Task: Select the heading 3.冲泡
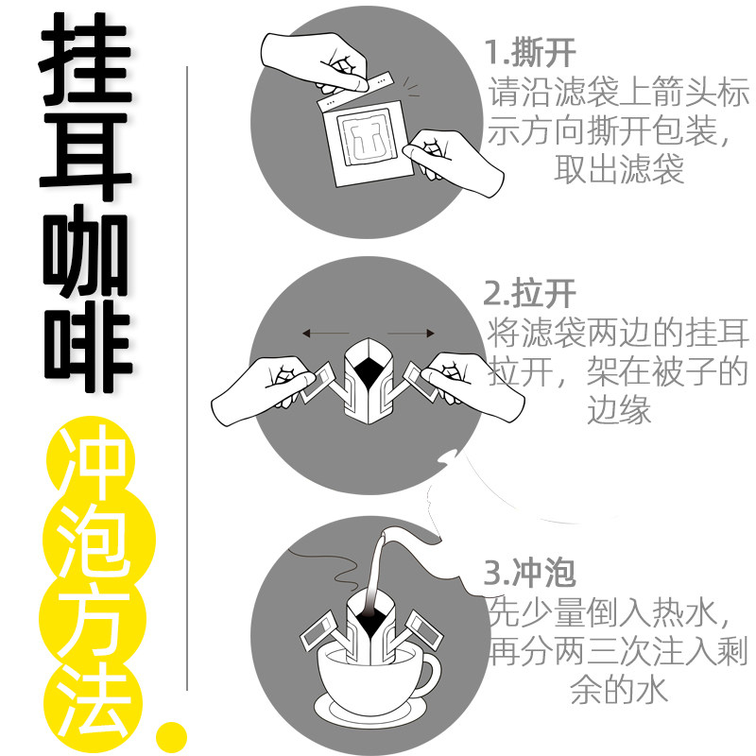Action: click(x=530, y=572)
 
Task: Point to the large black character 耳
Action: click(x=86, y=157)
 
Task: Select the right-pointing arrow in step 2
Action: click(x=411, y=333)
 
